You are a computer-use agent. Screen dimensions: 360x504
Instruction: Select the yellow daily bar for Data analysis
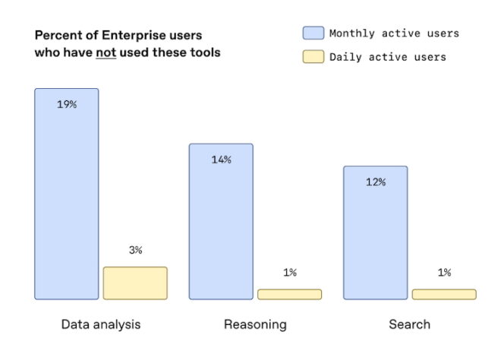(x=135, y=283)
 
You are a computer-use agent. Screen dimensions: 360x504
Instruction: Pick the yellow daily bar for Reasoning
(x=289, y=294)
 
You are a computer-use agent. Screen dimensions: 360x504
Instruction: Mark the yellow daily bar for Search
(x=444, y=294)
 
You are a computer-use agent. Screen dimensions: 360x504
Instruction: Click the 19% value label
(x=67, y=104)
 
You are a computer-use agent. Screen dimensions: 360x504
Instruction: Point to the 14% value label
(x=221, y=159)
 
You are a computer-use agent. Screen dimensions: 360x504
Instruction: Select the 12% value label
(x=375, y=182)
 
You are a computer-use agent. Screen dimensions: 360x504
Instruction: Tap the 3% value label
(x=135, y=250)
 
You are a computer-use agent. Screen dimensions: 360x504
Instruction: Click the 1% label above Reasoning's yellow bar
(x=289, y=272)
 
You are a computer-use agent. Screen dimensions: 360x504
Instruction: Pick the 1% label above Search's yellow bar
(x=444, y=272)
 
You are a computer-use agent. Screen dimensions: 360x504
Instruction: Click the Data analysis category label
(x=101, y=324)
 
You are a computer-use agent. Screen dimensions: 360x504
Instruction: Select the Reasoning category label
(x=255, y=324)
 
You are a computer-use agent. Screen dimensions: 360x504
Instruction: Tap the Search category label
(x=409, y=324)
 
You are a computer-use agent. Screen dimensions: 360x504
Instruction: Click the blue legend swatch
(x=313, y=33)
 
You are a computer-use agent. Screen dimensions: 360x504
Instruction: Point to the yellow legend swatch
(x=313, y=57)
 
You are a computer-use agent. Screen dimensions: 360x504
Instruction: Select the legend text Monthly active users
(x=394, y=33)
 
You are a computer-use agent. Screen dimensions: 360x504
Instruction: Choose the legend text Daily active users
(x=387, y=57)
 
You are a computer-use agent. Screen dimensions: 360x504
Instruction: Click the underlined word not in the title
(x=105, y=53)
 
